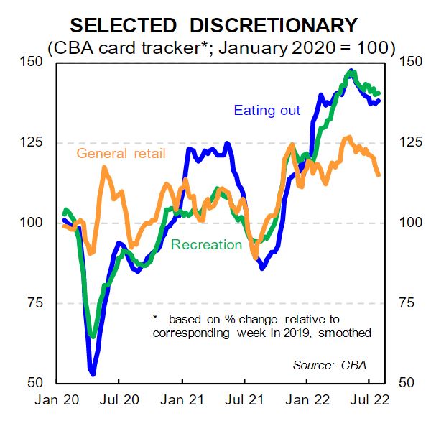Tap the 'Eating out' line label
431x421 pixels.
267,111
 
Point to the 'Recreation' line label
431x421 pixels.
206,244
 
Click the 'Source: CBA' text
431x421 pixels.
330,365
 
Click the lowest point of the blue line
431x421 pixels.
92,373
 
